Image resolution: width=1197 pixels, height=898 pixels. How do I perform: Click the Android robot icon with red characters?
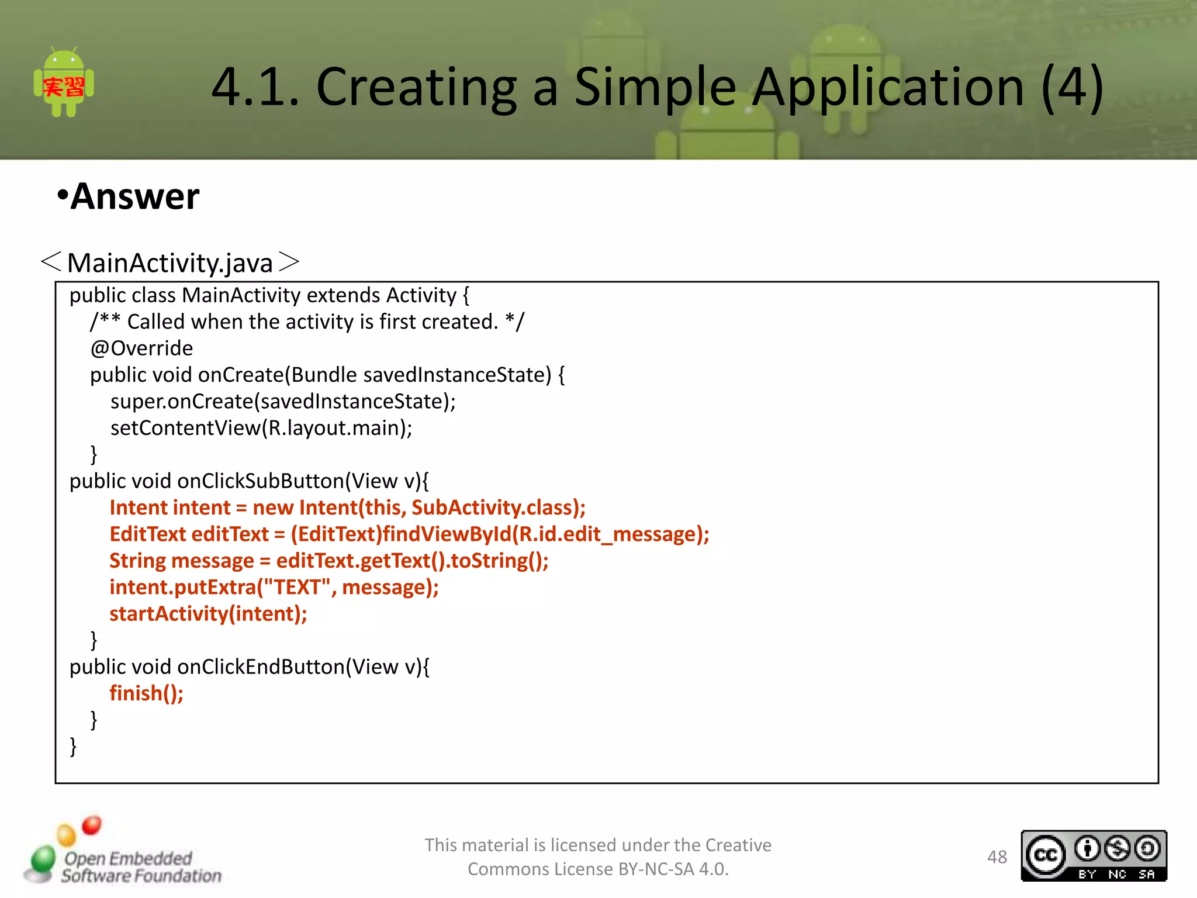point(64,84)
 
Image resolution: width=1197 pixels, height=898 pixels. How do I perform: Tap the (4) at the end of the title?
point(1073,88)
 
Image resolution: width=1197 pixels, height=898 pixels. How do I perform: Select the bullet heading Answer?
point(134,196)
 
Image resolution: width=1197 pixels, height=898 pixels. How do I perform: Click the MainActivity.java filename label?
point(170,263)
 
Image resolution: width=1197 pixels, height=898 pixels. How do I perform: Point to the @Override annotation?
point(141,348)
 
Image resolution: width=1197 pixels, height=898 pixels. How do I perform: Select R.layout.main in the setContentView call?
point(333,428)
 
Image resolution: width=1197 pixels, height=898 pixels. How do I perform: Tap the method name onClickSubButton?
point(261,481)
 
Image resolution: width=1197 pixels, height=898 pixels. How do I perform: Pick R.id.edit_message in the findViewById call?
point(606,534)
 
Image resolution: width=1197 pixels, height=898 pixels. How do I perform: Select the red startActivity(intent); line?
point(208,614)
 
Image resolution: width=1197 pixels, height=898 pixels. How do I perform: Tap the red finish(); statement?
point(146,693)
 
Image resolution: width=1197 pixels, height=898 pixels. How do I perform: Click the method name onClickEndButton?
point(261,667)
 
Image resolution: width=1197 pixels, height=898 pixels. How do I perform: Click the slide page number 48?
point(997,857)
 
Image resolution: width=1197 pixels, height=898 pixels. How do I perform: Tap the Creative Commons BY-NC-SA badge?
point(1094,856)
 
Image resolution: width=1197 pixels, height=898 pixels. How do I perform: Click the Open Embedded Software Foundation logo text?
point(140,867)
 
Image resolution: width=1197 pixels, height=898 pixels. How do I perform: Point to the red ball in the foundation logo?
point(92,826)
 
